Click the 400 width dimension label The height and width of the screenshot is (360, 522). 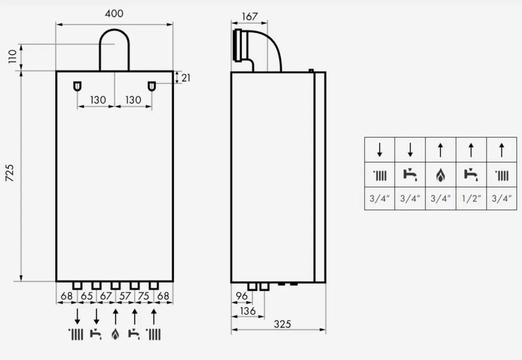click(x=114, y=14)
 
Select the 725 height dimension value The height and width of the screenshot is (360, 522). click(x=10, y=173)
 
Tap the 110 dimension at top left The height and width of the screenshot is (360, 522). click(x=13, y=56)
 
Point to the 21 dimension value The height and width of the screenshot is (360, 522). click(x=186, y=78)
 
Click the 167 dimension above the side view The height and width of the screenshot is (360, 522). click(x=250, y=17)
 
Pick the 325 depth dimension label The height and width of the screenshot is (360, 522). click(x=282, y=324)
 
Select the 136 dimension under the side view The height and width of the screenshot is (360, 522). click(x=247, y=311)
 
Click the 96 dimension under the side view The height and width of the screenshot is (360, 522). click(x=241, y=296)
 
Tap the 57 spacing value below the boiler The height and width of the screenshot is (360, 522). click(x=125, y=296)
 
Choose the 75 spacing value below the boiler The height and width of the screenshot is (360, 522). click(x=144, y=296)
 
